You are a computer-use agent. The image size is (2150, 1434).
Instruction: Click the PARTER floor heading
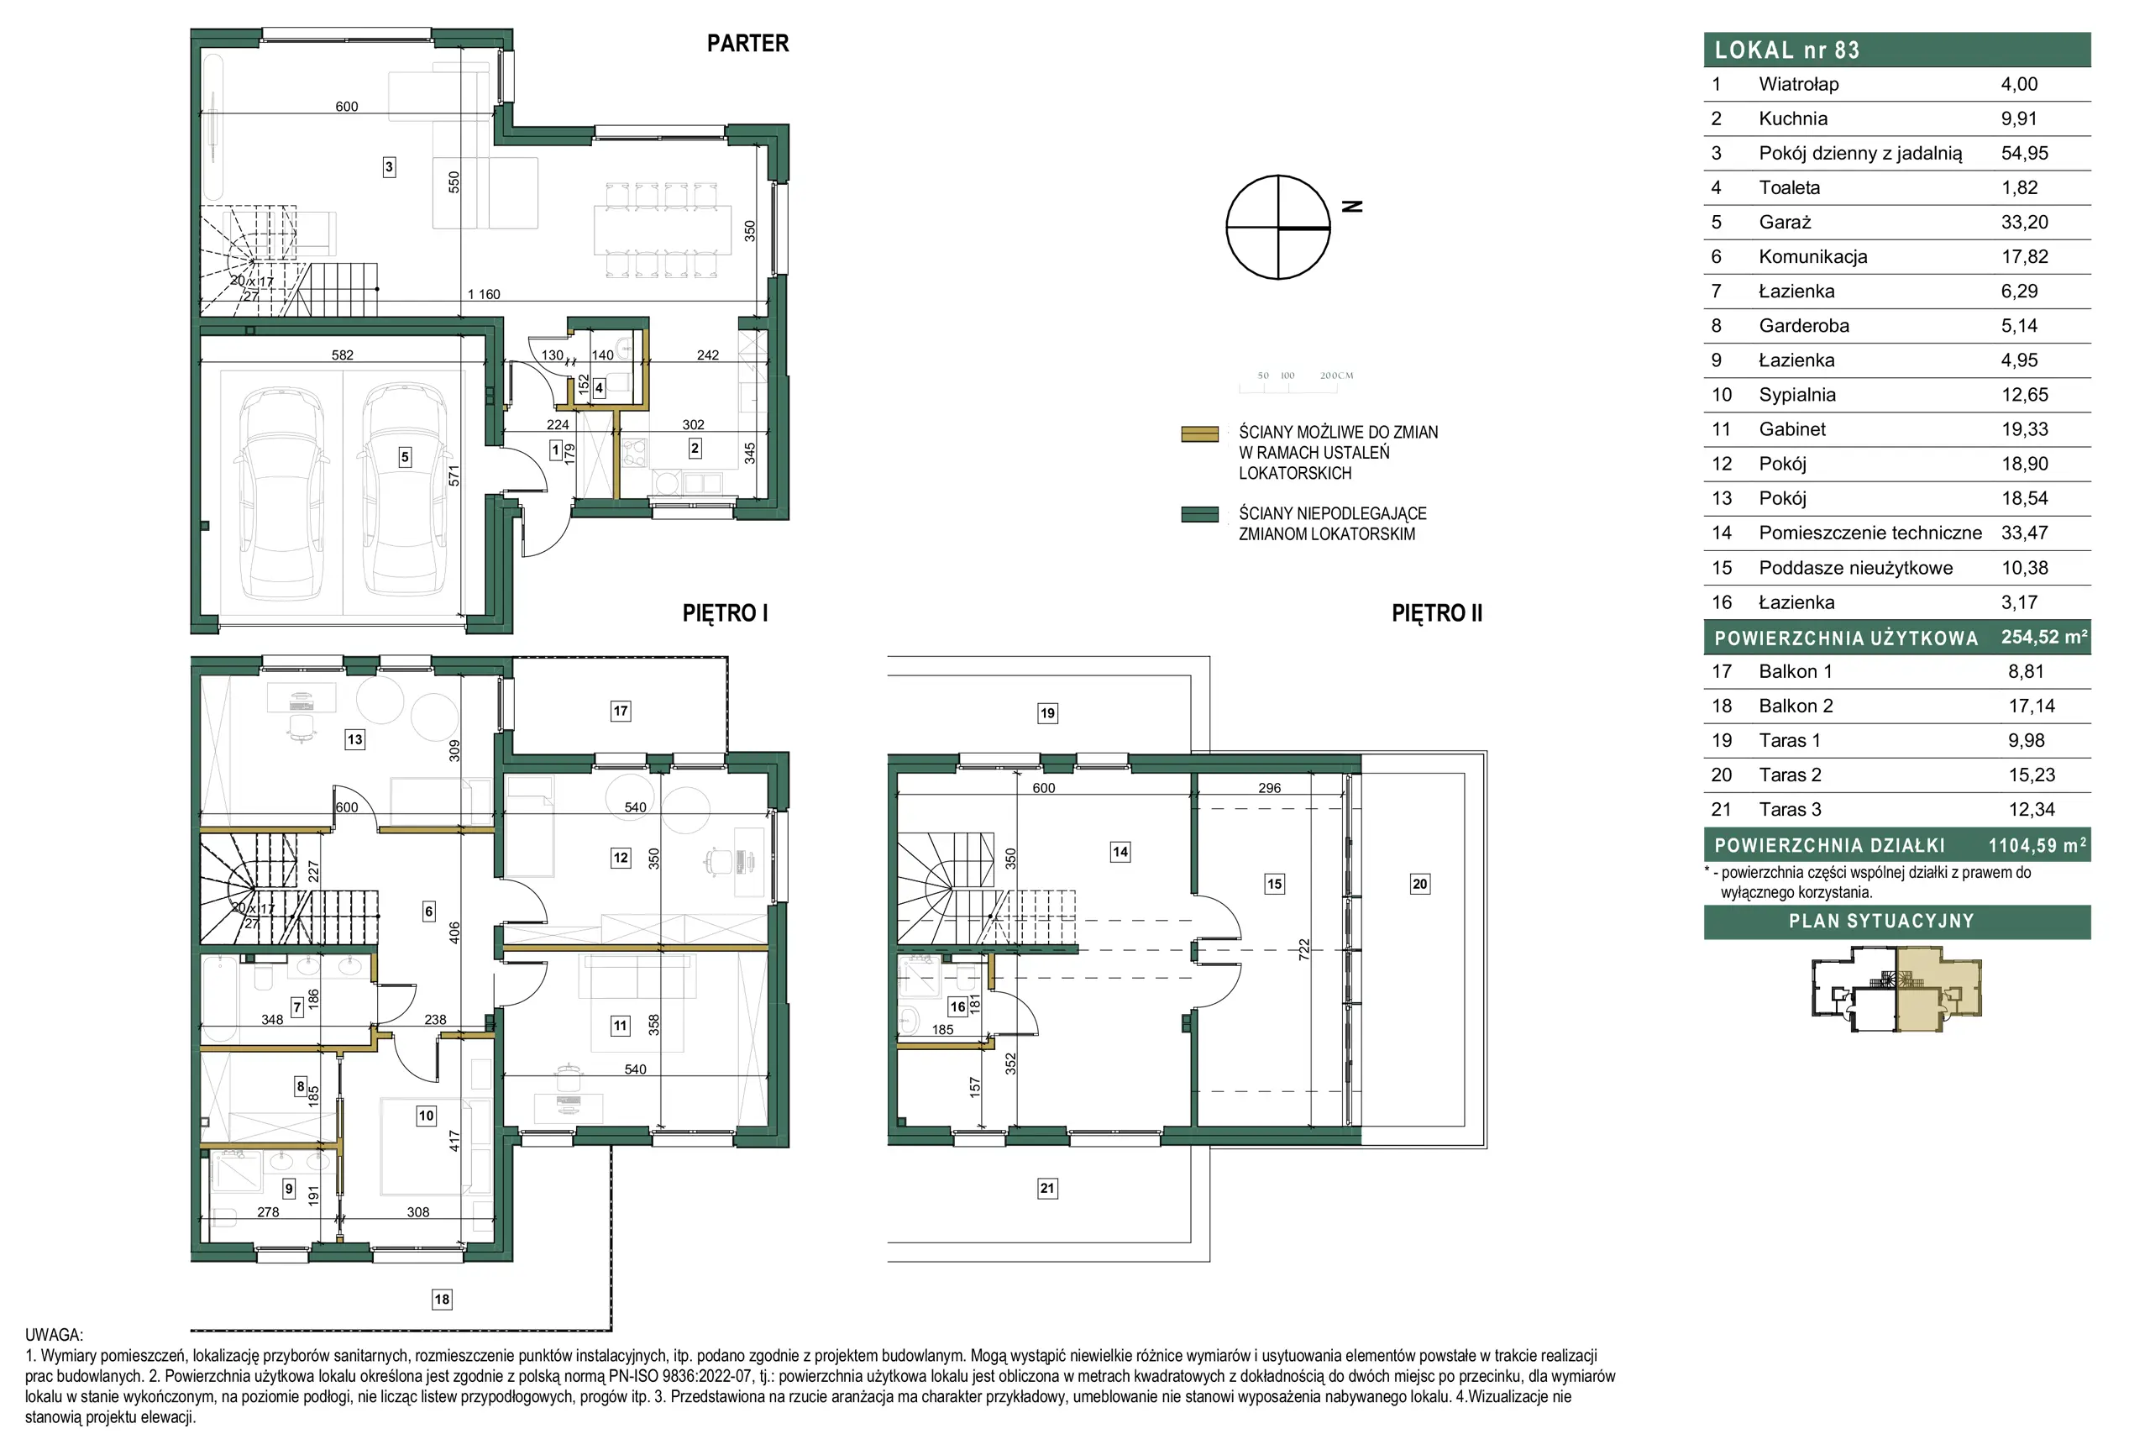(747, 43)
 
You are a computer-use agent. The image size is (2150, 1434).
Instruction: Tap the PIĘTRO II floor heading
(1436, 612)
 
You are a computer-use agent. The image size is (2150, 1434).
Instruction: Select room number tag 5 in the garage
(405, 457)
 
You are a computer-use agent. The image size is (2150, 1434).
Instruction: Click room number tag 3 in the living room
(389, 166)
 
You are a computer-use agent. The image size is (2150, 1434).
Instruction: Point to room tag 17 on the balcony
(621, 711)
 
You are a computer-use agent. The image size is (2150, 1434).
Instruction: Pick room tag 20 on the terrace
(1418, 884)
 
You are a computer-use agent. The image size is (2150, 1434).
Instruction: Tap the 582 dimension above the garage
(342, 355)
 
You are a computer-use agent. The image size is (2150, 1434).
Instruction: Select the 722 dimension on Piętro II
(1303, 949)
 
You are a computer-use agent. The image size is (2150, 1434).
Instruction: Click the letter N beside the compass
(1352, 207)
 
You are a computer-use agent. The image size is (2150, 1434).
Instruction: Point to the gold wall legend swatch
(1199, 433)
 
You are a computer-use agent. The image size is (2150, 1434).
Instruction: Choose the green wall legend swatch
(1199, 515)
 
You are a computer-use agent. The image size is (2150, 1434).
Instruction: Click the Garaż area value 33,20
(2024, 223)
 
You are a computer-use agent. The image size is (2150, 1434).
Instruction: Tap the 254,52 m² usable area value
(2044, 637)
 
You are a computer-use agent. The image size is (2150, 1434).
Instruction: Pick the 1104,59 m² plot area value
(2037, 845)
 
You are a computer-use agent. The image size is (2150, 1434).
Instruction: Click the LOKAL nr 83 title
(1786, 50)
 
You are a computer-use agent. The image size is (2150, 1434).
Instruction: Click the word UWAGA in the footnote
(54, 1334)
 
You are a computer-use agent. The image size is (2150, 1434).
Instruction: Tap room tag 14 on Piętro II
(1120, 852)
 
